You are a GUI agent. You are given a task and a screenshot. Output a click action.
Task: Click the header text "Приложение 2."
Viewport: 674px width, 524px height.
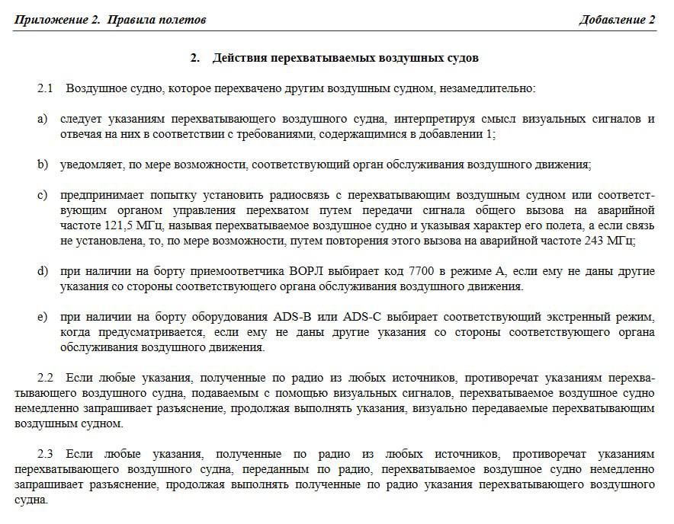pos(56,20)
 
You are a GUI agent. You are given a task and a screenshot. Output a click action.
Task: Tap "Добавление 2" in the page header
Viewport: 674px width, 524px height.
pos(617,20)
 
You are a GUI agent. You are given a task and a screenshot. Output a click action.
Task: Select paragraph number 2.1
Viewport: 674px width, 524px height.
pos(45,88)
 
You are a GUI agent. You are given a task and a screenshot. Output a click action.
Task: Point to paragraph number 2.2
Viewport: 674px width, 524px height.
pos(46,378)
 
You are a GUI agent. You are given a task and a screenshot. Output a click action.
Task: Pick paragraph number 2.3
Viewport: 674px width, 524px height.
pos(46,454)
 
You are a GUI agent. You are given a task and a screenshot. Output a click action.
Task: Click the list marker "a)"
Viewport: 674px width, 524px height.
pos(42,119)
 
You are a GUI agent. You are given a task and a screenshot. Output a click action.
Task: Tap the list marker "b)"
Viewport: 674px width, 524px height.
pos(42,165)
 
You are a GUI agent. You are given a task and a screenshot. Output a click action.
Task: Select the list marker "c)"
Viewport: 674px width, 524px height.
pos(42,195)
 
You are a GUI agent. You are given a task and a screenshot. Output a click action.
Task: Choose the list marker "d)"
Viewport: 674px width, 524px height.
pos(42,271)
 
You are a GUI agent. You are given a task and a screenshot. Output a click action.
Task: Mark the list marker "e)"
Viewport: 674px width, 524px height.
pos(42,317)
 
